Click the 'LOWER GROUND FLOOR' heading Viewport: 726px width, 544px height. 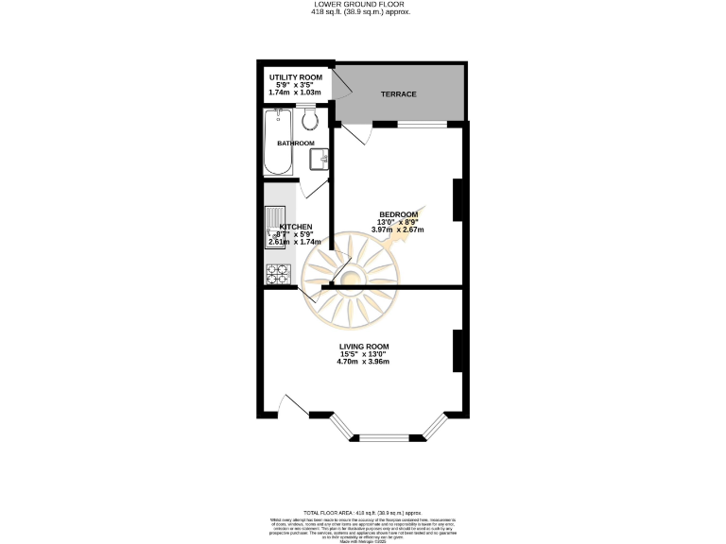363,4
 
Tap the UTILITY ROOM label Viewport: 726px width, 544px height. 296,76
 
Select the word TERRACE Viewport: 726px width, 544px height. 398,94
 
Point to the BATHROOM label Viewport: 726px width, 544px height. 296,143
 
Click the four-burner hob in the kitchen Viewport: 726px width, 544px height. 277,273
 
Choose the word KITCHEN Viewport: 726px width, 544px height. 295,227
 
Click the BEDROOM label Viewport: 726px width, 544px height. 397,213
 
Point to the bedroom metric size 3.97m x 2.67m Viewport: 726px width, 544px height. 397,229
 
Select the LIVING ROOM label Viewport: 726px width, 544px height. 363,346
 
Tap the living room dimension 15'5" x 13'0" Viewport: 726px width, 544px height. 363,354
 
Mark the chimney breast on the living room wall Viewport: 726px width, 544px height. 457,350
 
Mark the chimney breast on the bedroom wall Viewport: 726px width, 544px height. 457,200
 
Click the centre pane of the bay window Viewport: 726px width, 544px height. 389,437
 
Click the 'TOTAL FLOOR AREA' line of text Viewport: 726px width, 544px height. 363,510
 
